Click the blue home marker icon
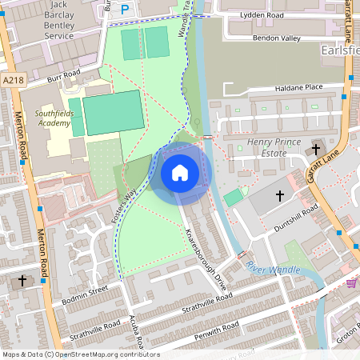click(180, 172)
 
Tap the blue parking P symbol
click(124, 9)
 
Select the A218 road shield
click(14, 80)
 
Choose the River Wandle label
click(273, 267)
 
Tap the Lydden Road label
click(262, 16)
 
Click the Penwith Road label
click(216, 327)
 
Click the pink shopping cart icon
click(351, 283)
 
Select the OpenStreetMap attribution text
click(80, 354)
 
